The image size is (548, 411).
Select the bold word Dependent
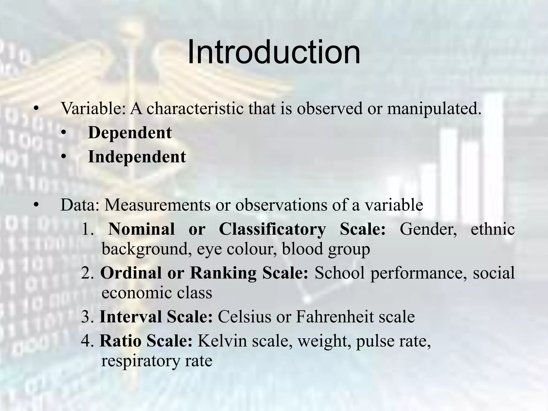(130, 133)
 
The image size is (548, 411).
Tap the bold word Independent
(137, 157)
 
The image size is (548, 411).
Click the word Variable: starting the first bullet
(93, 109)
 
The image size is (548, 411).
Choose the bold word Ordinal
(131, 273)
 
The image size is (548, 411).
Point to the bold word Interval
(131, 317)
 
